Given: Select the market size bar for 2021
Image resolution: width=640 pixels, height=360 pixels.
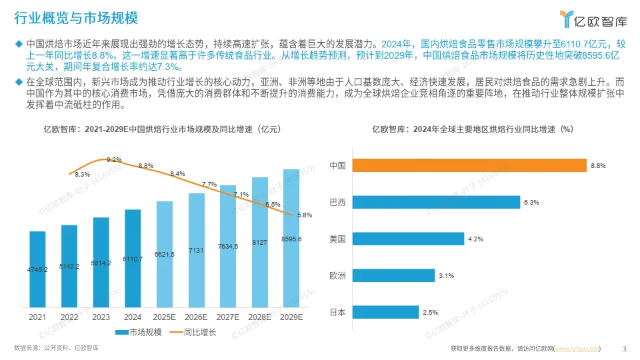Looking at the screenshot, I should (x=37, y=269).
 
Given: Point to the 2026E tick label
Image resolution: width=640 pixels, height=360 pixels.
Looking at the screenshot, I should (x=196, y=317).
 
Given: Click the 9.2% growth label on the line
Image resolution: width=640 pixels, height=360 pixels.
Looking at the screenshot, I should (x=114, y=160).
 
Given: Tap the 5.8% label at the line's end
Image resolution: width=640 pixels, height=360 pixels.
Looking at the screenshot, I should (x=305, y=215).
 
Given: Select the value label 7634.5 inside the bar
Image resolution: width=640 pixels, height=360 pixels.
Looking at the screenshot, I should (x=228, y=246).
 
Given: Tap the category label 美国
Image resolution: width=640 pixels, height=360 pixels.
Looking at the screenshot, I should (x=337, y=239).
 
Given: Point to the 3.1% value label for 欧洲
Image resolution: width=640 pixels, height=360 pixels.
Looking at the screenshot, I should (x=447, y=275).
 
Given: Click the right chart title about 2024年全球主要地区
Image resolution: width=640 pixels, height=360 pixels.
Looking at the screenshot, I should (x=472, y=129).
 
